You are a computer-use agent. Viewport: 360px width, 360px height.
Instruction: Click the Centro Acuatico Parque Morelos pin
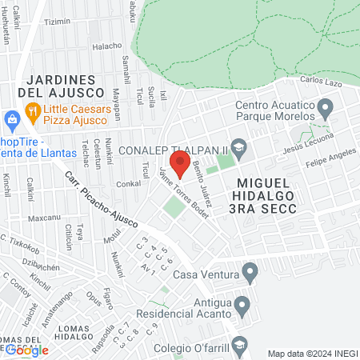pyautogui.click(x=325, y=106)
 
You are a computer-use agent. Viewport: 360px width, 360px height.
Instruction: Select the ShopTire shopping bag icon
pyautogui.click(x=11, y=121)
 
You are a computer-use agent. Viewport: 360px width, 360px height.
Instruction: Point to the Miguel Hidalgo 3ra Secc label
pyautogui.click(x=267, y=196)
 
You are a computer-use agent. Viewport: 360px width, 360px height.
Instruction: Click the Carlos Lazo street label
pyautogui.click(x=321, y=81)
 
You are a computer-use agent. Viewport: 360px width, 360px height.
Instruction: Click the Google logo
pyautogui.click(x=26, y=350)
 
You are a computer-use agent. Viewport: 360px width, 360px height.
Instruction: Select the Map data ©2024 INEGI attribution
pyautogui.click(x=311, y=354)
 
